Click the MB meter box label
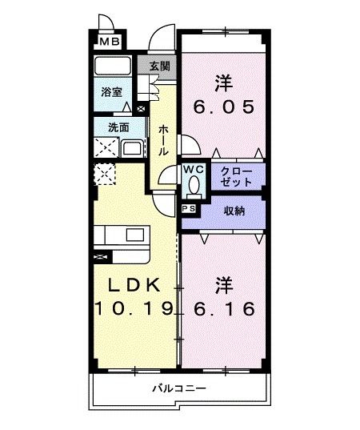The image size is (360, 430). [110, 42]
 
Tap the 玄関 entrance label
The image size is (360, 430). [160, 66]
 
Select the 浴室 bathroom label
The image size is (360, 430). [111, 92]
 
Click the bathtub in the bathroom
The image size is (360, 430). [112, 66]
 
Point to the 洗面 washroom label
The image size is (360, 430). [118, 128]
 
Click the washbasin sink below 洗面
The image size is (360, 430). [132, 148]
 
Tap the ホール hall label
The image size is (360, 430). [163, 140]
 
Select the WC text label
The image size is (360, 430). [194, 170]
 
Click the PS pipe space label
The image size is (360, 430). [189, 209]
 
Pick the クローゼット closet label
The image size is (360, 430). [236, 177]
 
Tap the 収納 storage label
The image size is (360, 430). [234, 211]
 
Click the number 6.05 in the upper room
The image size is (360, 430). [224, 106]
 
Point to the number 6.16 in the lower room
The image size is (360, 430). [224, 308]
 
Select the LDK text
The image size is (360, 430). [134, 285]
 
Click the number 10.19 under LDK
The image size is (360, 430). [134, 308]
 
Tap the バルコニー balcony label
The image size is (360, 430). [179, 388]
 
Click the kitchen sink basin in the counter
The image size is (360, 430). [135, 235]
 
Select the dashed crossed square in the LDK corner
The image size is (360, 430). [105, 174]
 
